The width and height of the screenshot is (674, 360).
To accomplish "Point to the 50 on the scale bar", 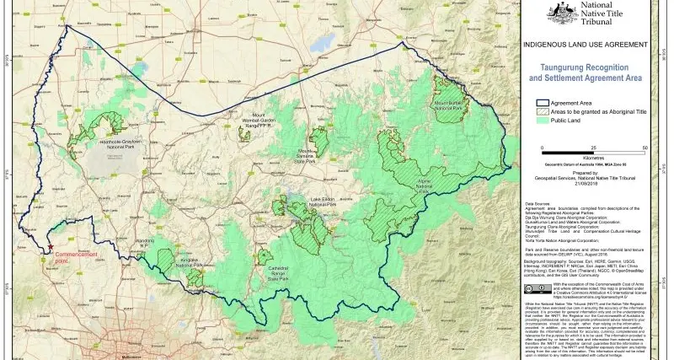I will tap(644, 147).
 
